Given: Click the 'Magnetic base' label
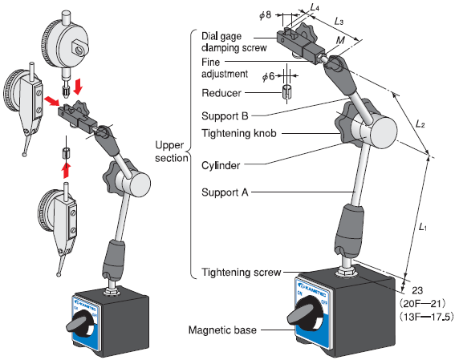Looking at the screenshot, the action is click(x=222, y=330).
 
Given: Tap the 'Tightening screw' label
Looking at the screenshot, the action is click(x=242, y=273).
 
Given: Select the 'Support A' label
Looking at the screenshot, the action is click(x=225, y=192).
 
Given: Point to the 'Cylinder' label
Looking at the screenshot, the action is click(x=221, y=165).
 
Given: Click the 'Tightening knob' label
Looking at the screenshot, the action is click(x=239, y=133).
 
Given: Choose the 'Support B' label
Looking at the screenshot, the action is click(x=225, y=116).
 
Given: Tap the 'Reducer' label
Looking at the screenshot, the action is click(x=221, y=93).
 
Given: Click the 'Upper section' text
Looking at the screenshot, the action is click(x=172, y=152).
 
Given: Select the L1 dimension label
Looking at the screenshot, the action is click(x=422, y=227).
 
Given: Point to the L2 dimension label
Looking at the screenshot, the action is click(x=420, y=124).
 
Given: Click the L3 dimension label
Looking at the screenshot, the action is click(x=339, y=21).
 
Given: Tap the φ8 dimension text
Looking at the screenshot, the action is click(x=266, y=15).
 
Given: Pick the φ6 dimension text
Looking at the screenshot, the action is click(x=268, y=77).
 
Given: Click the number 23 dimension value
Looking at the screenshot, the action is click(x=417, y=290).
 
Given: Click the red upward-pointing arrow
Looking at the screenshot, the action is click(x=67, y=170).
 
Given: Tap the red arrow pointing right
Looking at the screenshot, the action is click(x=51, y=101).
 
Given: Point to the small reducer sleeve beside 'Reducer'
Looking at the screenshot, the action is click(x=287, y=91).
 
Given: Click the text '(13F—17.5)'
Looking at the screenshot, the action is click(x=427, y=317).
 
